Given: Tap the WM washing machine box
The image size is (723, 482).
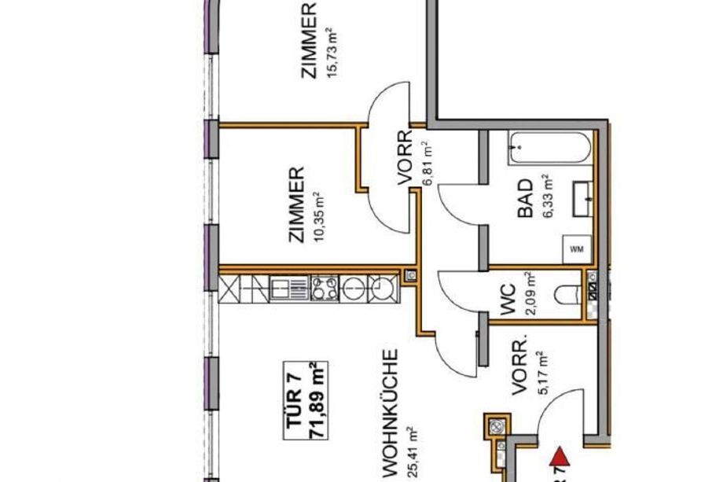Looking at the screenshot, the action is tap(576, 249).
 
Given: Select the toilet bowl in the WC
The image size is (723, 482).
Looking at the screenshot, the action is tap(567, 295).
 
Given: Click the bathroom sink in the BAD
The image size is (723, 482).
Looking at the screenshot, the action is tap(582, 199).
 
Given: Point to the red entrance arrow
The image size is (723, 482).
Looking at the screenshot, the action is tap(560, 457).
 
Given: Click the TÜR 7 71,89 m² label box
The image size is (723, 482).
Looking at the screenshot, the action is tap(305, 400).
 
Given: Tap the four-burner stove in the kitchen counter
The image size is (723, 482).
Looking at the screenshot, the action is tap(325, 289).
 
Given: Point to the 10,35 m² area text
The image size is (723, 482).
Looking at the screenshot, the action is tap(319, 217).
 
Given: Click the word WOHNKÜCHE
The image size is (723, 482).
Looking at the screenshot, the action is tap(390, 413).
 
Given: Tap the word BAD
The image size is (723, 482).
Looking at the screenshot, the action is tap(525, 198).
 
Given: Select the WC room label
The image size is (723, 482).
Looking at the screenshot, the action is tap(508, 300).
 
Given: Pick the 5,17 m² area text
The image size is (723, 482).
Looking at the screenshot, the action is tap(544, 373).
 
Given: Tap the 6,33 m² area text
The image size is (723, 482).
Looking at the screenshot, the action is tap(549, 195).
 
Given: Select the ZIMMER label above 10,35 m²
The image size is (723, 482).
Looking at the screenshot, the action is tap(296, 204).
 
